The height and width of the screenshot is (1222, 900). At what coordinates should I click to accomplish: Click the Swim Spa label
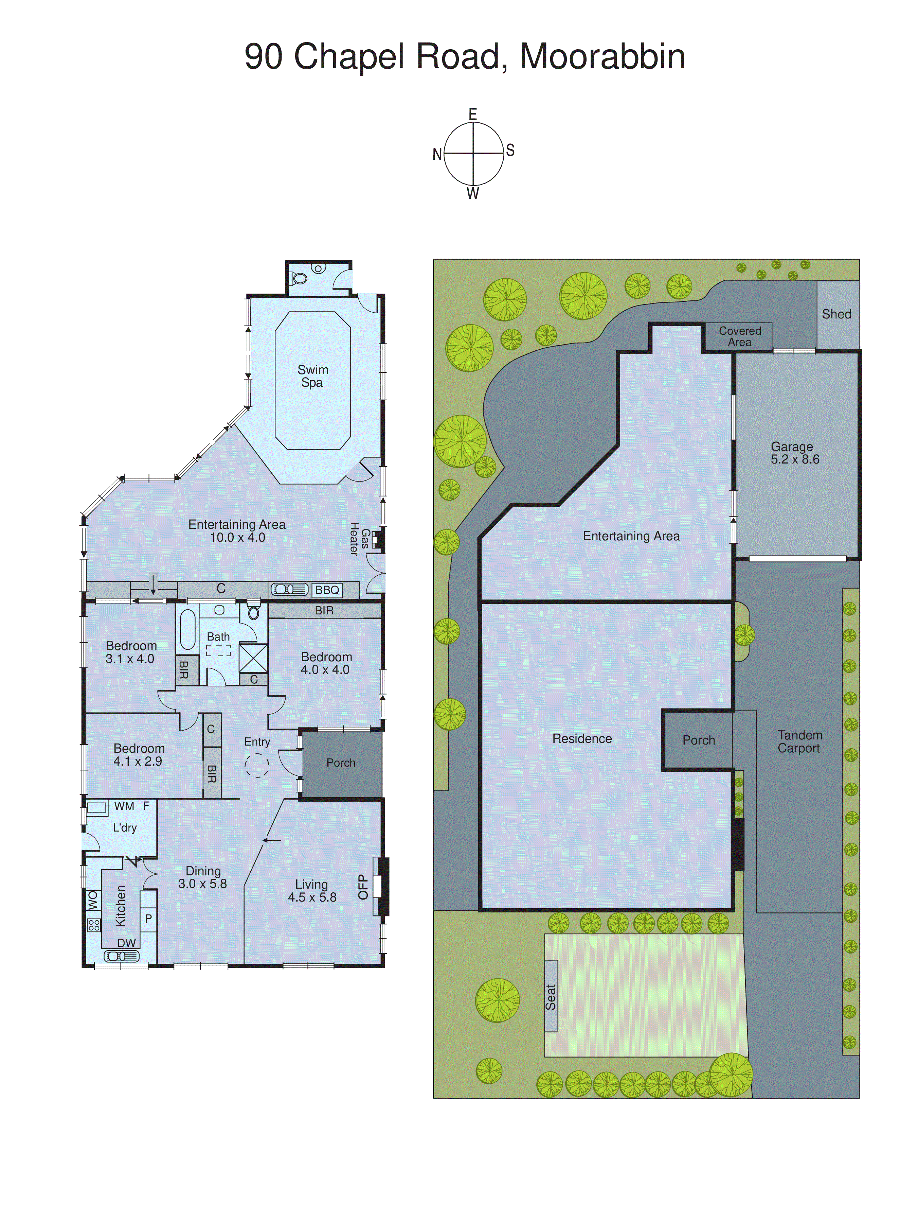click(313, 376)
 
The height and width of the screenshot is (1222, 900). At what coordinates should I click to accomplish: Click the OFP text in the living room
click(363, 887)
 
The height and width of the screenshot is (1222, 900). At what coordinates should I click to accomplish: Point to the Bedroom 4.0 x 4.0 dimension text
click(325, 669)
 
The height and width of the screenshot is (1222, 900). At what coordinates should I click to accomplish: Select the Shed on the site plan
click(837, 314)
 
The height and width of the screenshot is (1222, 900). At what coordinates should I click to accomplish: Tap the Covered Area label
click(739, 336)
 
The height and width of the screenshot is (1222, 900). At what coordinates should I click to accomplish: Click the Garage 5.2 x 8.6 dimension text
click(795, 459)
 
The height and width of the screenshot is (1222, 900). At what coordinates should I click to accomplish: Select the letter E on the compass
click(473, 114)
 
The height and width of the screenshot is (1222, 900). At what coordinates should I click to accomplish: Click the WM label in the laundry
click(124, 806)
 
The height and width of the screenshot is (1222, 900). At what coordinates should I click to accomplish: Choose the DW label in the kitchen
click(126, 942)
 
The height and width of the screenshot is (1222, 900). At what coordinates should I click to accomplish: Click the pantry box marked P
click(148, 919)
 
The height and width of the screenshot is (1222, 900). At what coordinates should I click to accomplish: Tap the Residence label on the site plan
click(582, 738)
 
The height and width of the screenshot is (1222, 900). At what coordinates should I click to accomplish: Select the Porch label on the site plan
click(698, 740)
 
